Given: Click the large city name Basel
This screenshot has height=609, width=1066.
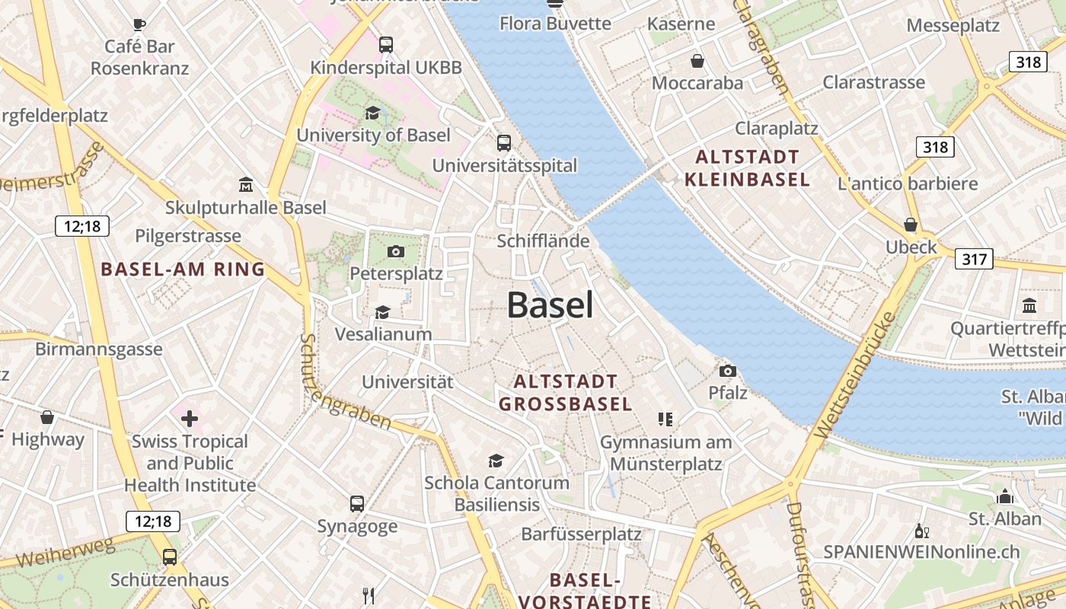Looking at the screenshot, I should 550,305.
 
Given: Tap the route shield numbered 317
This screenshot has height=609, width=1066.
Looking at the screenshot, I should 974,259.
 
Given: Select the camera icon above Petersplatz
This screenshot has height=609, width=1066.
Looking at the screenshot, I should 396,251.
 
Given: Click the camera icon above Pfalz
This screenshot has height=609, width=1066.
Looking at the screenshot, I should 728,371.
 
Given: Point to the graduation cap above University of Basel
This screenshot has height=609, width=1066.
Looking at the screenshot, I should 372,113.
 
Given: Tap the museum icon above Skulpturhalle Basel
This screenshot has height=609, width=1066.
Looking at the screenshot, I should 246,185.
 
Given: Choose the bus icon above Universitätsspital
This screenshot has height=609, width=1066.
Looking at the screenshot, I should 503,143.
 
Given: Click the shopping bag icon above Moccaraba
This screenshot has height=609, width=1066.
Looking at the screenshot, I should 697,61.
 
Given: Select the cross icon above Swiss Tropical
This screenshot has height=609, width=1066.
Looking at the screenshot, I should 189,418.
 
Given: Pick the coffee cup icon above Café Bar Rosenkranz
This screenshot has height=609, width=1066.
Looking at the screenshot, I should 139,24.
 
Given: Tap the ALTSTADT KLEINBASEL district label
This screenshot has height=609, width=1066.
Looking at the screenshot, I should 747,169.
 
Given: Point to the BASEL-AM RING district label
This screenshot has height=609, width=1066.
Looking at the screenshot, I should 183,269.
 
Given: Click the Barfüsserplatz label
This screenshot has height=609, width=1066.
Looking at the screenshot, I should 581,534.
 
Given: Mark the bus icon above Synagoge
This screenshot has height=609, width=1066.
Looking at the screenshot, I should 357,504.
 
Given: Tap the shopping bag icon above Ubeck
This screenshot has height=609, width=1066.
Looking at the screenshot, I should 910,225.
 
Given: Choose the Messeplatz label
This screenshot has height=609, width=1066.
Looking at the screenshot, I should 953,25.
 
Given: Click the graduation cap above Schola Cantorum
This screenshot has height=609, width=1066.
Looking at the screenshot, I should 496,461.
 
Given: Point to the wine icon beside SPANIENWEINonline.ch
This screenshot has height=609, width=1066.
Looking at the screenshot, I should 921,531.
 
